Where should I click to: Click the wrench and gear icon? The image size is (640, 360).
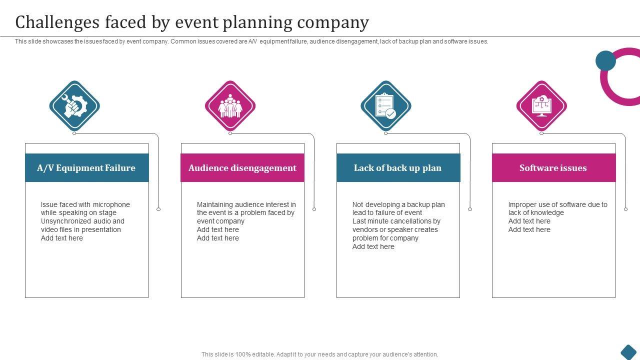(74, 106)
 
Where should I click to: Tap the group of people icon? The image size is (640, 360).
(230, 106)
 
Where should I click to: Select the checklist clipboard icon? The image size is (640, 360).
(385, 106)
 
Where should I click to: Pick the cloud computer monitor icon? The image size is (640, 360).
(541, 106)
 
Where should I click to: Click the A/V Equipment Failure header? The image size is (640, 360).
(86, 168)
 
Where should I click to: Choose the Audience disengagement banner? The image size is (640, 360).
(242, 168)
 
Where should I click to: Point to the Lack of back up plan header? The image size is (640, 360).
(398, 168)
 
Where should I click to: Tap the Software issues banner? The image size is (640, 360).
(553, 168)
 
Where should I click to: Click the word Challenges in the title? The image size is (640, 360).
(56, 22)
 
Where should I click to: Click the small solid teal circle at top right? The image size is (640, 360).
(605, 60)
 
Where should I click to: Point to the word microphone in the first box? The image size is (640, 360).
(111, 204)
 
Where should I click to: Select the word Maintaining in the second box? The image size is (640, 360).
(215, 204)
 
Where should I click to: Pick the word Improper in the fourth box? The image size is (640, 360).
(522, 204)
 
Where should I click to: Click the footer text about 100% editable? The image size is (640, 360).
(320, 354)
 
